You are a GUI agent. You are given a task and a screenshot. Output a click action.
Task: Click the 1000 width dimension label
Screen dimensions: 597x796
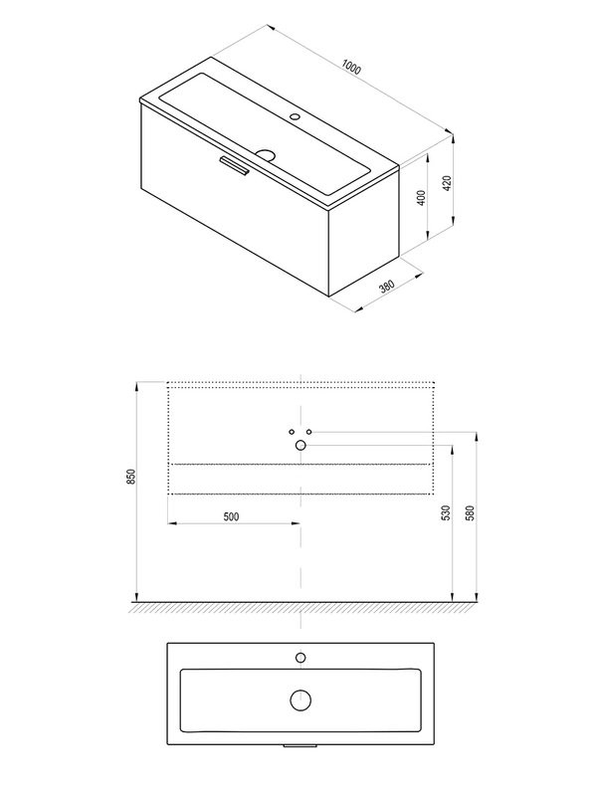tap(351, 67)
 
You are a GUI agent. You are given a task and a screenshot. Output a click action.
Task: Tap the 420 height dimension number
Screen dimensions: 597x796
tap(447, 183)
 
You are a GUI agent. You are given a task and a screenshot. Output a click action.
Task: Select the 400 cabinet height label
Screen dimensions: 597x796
tap(421, 198)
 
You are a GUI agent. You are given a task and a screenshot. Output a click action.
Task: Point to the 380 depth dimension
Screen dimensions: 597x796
tap(387, 287)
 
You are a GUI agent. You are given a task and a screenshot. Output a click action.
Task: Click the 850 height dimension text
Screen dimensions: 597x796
tap(131, 477)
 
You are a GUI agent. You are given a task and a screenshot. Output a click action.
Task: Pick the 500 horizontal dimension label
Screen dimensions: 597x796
tap(231, 516)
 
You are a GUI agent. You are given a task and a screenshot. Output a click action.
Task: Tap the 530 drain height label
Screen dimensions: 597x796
tap(446, 512)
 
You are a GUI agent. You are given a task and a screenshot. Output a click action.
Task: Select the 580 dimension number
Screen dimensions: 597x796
tap(471, 512)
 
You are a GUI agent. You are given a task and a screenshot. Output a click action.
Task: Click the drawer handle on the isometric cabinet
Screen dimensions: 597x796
tap(234, 166)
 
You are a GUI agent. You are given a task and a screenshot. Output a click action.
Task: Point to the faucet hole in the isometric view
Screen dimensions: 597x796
tap(295, 116)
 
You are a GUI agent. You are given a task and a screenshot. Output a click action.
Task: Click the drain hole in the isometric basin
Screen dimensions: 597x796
tap(265, 153)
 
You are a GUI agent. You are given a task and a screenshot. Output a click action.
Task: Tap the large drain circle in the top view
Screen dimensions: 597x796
tap(300, 700)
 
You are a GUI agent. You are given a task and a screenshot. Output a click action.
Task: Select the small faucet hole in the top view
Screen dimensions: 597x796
tap(300, 658)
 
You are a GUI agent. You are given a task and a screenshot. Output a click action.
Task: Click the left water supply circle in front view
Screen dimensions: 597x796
tap(292, 432)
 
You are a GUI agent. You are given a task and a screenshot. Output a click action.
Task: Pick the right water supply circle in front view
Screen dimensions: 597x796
tap(309, 432)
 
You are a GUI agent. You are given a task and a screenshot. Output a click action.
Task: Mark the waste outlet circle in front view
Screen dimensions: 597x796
tap(300, 445)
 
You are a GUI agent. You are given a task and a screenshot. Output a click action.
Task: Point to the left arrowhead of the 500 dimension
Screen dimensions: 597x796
tap(171, 523)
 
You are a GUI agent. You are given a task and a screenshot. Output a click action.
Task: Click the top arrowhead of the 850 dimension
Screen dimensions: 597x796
tap(136, 385)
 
